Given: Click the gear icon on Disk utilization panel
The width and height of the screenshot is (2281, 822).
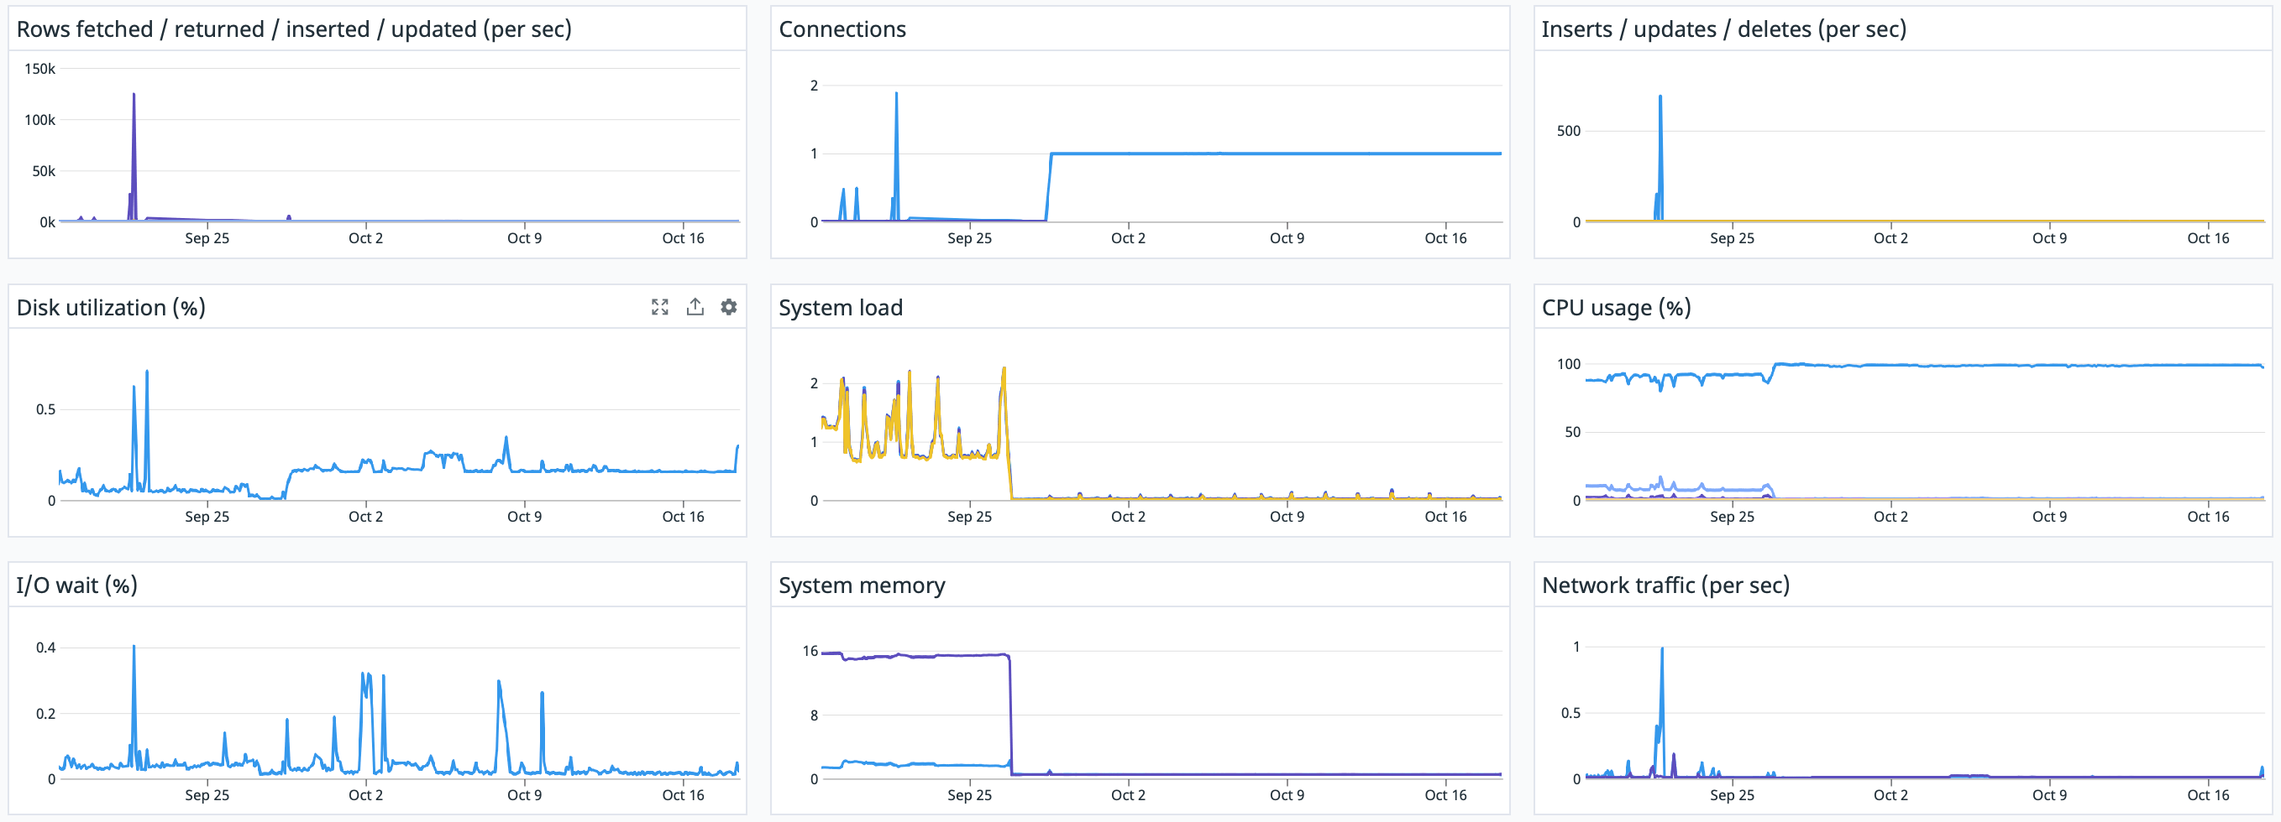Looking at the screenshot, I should coord(728,307).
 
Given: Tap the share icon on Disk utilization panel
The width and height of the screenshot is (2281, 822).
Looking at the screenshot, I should coord(695,307).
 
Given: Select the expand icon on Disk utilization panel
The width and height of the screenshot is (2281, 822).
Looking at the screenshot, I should coord(659,307).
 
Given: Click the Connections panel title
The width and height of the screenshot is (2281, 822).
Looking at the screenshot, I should coord(842,29).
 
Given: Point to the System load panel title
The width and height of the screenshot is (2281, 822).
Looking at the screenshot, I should coord(840,308).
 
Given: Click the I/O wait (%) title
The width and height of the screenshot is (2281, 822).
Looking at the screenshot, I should coord(76,585).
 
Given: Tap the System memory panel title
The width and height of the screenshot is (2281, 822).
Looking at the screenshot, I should coord(861,585).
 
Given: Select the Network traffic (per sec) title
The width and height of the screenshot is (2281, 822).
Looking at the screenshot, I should coord(1665,585).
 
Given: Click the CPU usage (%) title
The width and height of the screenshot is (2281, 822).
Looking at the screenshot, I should coord(1615,308).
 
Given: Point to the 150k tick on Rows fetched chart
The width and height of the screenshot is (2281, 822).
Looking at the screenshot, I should coord(39,69).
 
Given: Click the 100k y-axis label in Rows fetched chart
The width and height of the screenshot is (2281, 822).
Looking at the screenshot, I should coord(39,120).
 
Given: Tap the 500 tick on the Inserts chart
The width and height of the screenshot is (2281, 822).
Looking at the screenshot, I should coord(1567,131).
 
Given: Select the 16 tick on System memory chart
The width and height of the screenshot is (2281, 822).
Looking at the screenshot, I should coord(810,651).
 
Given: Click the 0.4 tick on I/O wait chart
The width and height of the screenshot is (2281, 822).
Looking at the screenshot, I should coord(45,648).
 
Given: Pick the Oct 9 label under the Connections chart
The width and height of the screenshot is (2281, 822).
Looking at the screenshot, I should coord(1286,238).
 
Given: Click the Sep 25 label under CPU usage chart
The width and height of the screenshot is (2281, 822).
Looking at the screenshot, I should coord(1731,517).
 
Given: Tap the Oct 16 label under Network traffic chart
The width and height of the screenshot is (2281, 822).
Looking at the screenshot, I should coord(2207,794).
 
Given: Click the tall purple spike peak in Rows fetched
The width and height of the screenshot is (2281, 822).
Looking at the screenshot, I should coord(134,95).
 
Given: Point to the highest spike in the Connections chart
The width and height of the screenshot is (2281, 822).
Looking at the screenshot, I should coord(896,94).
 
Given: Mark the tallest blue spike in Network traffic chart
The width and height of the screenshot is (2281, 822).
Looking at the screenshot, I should coord(1661,649).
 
